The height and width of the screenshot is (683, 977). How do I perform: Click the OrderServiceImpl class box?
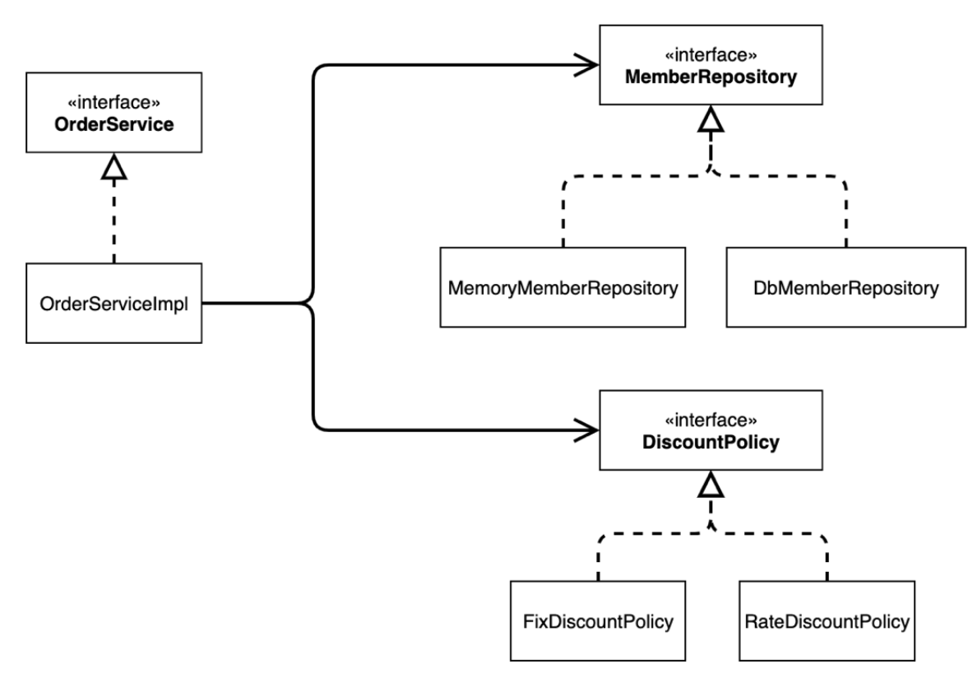point(114,303)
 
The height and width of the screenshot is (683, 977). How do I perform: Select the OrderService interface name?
point(114,124)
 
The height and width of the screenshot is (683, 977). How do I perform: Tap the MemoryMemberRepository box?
point(563,287)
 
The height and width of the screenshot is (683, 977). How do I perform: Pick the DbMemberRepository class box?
point(845,287)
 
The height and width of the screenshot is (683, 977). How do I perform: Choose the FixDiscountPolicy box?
point(598,621)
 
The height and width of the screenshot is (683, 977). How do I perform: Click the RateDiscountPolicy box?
point(827,621)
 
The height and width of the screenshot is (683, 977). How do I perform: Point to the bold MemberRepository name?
point(711,77)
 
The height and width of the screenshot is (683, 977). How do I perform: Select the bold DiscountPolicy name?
point(711,442)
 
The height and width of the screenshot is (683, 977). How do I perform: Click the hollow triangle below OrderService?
point(114,166)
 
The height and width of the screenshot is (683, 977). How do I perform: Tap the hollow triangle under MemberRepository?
point(711,118)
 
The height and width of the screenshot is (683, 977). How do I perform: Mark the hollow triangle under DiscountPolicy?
point(711,484)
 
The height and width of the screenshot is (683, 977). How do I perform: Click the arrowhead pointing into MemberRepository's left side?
point(586,65)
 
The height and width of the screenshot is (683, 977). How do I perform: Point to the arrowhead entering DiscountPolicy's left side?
point(586,430)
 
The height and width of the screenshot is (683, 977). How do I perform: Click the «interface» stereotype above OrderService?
point(114,102)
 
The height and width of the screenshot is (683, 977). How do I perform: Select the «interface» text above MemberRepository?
point(711,55)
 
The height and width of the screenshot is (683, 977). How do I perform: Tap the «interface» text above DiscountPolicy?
point(711,420)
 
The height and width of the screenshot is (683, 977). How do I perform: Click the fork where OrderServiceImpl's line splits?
point(309,303)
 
